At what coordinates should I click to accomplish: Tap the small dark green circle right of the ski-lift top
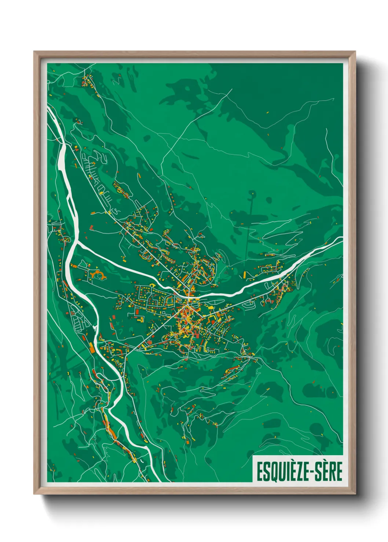[269, 200]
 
